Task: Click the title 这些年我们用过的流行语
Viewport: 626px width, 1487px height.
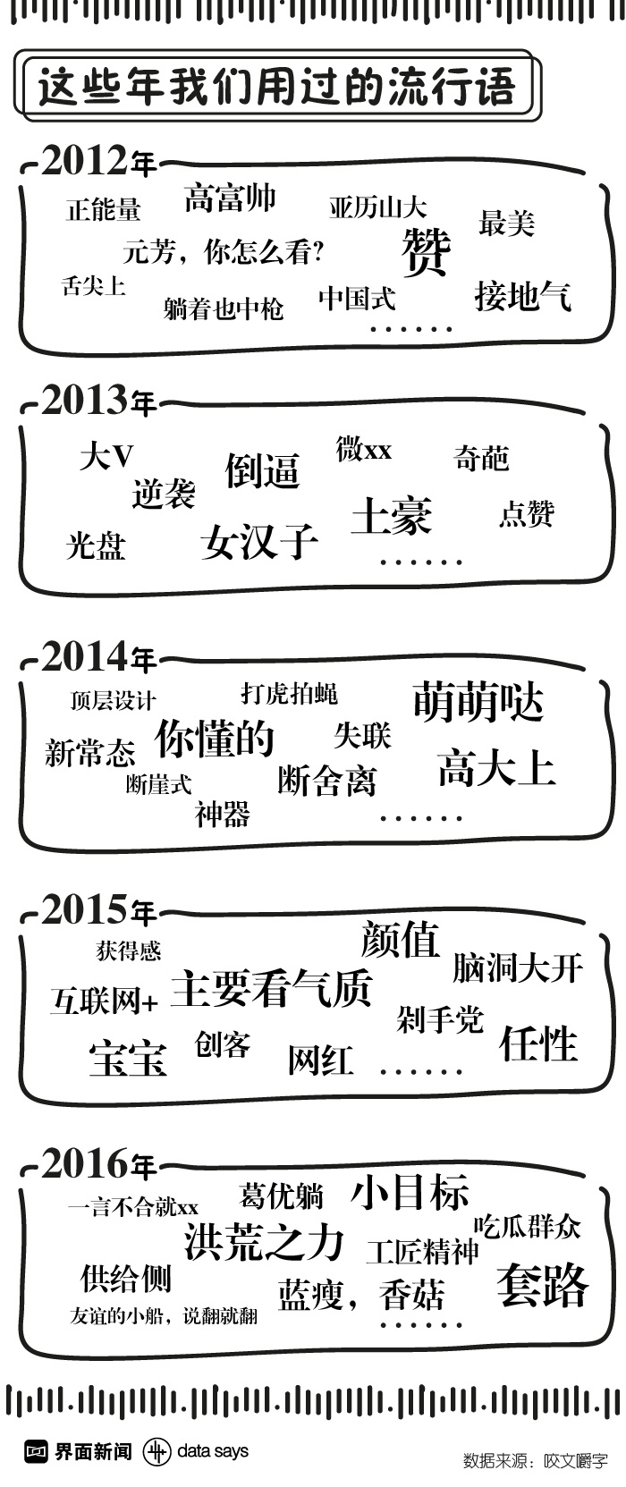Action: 276,88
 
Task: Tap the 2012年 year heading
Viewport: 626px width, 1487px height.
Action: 98,162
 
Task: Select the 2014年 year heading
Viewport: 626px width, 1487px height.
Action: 98,659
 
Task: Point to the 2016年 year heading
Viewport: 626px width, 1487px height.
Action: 98,1165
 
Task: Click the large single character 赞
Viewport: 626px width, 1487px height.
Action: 426,251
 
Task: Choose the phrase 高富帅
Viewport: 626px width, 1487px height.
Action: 230,198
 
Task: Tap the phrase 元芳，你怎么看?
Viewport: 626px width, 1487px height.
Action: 223,252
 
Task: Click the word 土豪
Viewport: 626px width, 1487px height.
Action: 392,516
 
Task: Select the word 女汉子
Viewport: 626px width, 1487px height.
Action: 259,541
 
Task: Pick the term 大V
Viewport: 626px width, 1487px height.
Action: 106,457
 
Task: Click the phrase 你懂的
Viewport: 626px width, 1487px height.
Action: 215,739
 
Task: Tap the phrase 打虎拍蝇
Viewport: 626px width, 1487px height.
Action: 289,693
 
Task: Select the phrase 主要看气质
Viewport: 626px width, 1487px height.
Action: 271,988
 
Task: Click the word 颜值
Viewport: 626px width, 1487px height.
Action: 401,940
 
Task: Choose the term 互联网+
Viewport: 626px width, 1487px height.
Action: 105,1001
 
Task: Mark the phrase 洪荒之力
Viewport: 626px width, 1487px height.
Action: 264,1243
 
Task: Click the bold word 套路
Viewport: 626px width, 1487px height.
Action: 543,1285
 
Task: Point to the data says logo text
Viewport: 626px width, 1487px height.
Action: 213,1450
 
